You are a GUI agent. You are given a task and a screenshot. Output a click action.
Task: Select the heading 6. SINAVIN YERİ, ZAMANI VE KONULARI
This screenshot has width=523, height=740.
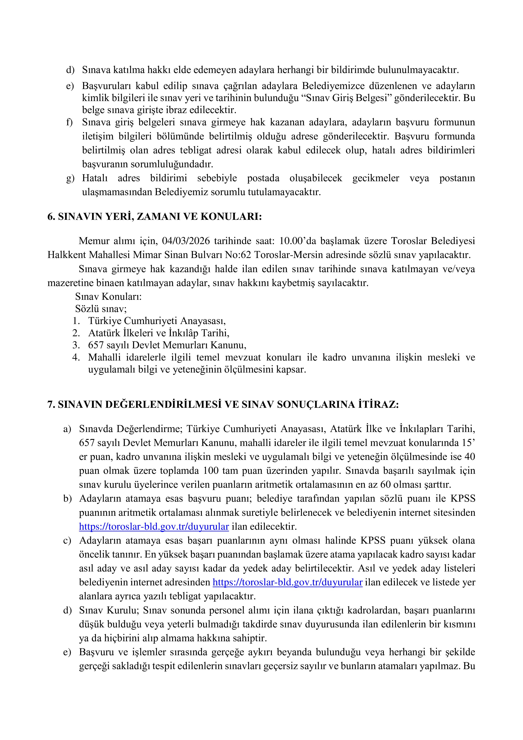(155, 217)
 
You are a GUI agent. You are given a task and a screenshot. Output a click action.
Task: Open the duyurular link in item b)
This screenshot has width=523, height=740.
(154, 527)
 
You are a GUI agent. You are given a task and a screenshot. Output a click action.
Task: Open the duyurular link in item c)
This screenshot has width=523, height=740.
(288, 582)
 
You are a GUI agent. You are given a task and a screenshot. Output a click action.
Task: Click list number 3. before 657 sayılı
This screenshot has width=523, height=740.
(76, 345)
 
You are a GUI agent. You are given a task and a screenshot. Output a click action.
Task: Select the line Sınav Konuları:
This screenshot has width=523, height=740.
(108, 297)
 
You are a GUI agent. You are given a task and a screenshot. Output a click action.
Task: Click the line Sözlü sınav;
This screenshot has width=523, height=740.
(101, 309)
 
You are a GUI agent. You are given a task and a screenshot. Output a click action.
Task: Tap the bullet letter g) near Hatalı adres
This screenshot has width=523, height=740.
(70, 178)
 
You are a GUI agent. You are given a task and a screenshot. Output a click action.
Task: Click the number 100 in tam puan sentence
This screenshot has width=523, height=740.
(211, 471)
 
